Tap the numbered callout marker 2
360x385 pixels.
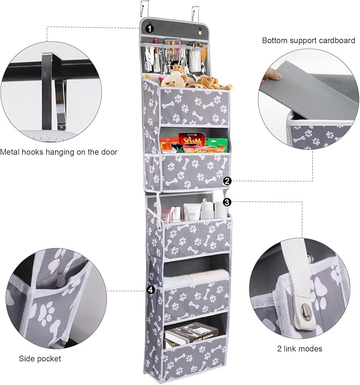click(x=227, y=181)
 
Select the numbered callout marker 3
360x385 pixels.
click(x=227, y=202)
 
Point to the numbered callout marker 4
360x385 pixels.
click(x=151, y=290)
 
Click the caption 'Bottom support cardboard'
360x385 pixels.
click(x=308, y=41)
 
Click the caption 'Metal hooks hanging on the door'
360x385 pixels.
click(x=59, y=152)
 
